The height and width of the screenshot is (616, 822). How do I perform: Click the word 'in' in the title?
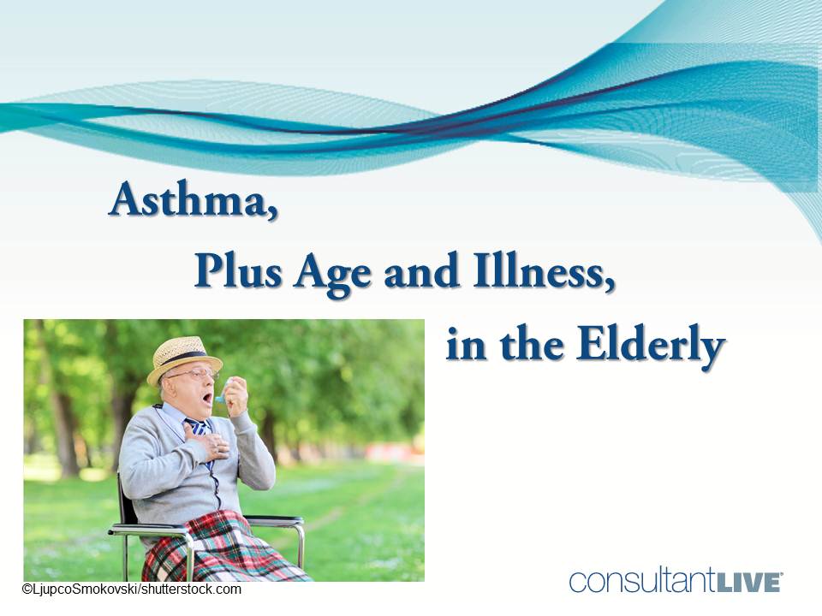pos(464,346)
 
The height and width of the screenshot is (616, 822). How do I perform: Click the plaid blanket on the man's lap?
pos(218,548)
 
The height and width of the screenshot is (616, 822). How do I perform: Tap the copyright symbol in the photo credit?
pos(27,589)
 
